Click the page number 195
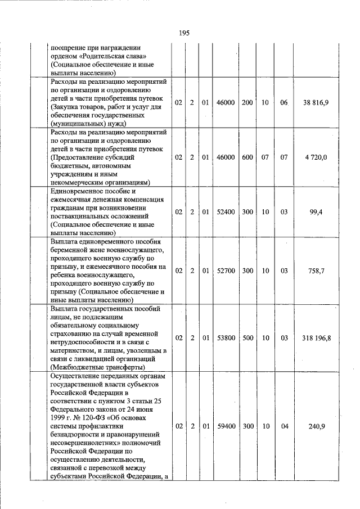(184, 33)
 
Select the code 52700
(226, 271)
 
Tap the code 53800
(226, 338)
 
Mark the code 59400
(226, 426)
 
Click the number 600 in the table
(247, 158)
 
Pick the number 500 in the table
(247, 338)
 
